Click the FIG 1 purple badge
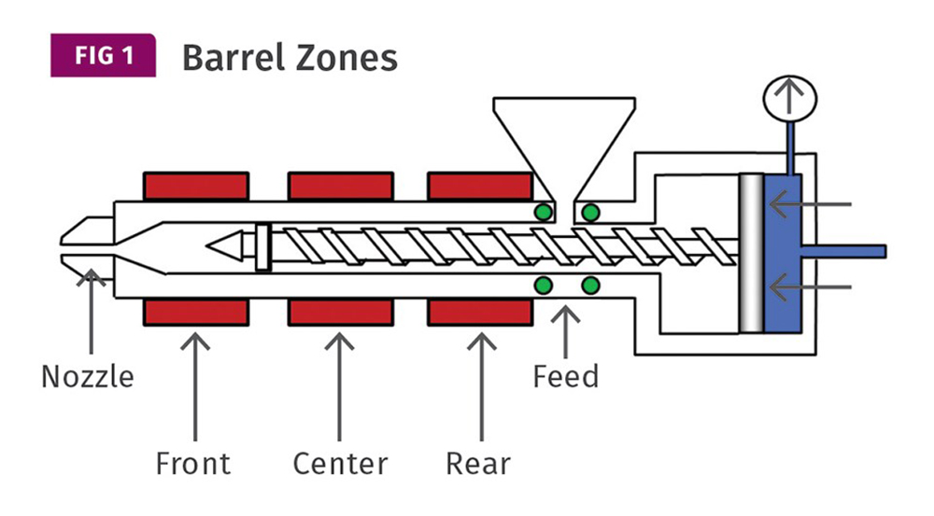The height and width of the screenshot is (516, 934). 104,56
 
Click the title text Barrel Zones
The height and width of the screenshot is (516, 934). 290,58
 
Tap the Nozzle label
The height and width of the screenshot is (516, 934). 88,377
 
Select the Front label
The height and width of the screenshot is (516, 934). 193,463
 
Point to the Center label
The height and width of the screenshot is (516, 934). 340,463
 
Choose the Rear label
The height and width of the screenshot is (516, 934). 478,463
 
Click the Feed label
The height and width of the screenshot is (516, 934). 566,377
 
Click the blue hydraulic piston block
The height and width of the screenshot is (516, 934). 783,252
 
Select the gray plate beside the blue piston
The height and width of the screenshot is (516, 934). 750,252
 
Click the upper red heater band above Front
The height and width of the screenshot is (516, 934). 196,186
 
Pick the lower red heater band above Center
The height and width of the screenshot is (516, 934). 340,312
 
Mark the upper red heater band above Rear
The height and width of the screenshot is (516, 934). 478,186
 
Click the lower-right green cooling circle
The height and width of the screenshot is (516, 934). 590,285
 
